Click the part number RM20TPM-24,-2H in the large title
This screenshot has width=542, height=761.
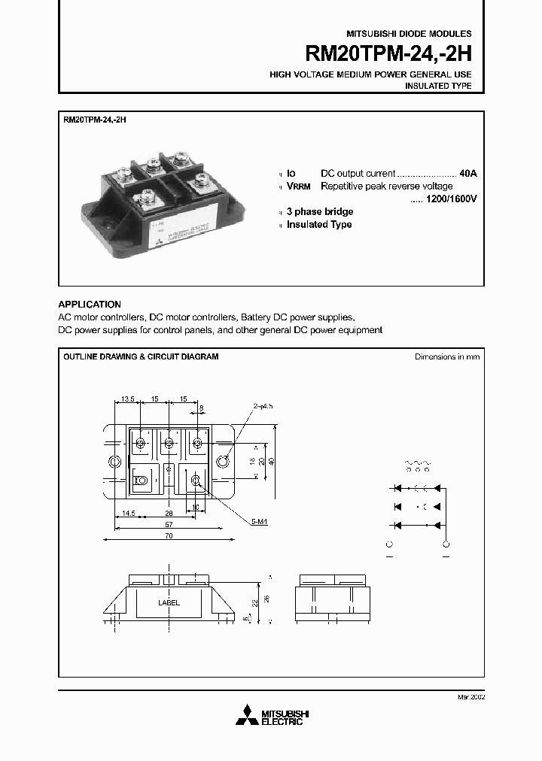(388, 54)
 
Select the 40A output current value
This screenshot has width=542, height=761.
(467, 173)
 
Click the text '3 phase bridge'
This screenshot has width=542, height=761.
(320, 212)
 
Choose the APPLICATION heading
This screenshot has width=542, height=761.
(90, 305)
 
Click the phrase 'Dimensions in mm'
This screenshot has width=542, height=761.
(447, 357)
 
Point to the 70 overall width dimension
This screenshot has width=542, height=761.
(169, 536)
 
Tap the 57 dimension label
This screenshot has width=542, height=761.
(169, 524)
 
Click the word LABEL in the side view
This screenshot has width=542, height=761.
(169, 603)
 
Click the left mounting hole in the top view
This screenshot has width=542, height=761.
(115, 461)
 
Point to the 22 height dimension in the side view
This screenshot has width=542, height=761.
(255, 602)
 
